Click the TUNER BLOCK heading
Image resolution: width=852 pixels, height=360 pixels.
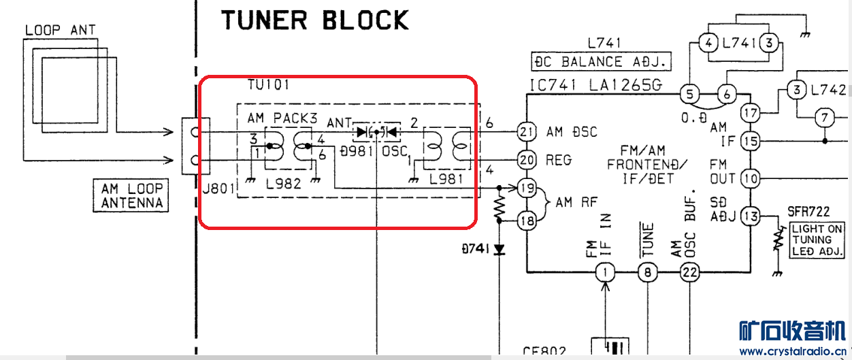tap(314, 20)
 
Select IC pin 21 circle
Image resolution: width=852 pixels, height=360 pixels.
tap(527, 131)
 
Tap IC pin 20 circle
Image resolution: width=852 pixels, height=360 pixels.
tap(527, 160)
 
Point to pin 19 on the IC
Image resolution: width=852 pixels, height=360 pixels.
tap(527, 188)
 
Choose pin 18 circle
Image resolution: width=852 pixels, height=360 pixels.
tap(527, 219)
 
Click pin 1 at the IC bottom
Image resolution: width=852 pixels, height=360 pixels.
tap(605, 274)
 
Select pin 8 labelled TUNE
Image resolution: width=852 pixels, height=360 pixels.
tap(647, 274)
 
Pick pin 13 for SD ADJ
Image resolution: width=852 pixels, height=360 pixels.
tap(751, 216)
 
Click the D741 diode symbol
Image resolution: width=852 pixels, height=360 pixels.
tap(500, 249)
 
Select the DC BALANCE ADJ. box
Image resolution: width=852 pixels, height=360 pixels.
tap(600, 62)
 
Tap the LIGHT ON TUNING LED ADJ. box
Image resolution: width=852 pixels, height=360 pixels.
tap(816, 240)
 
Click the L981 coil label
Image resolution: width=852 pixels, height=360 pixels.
tap(446, 180)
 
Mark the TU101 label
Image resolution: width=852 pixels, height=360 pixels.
tap(269, 86)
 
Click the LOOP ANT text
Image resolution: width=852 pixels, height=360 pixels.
tap(60, 30)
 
